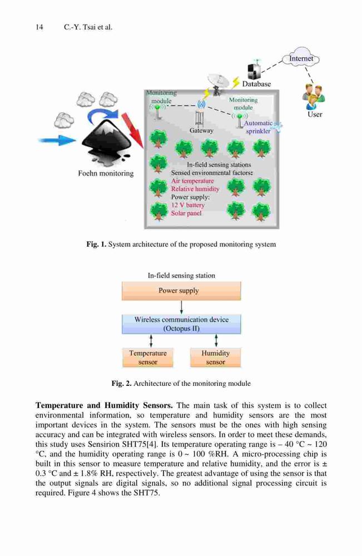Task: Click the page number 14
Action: [x=39, y=27]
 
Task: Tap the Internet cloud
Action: [x=301, y=58]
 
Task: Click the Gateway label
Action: [x=201, y=131]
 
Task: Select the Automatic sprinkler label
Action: [x=258, y=127]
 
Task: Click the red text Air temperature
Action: [x=192, y=181]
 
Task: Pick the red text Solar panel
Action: [x=186, y=213]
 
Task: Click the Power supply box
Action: [x=181, y=291]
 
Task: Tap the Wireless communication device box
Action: [x=181, y=324]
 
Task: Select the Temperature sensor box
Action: [x=148, y=358]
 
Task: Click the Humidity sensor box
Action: [x=216, y=358]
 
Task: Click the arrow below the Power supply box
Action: [x=181, y=307]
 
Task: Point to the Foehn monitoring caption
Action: [x=106, y=173]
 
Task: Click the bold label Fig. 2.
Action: [x=121, y=383]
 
